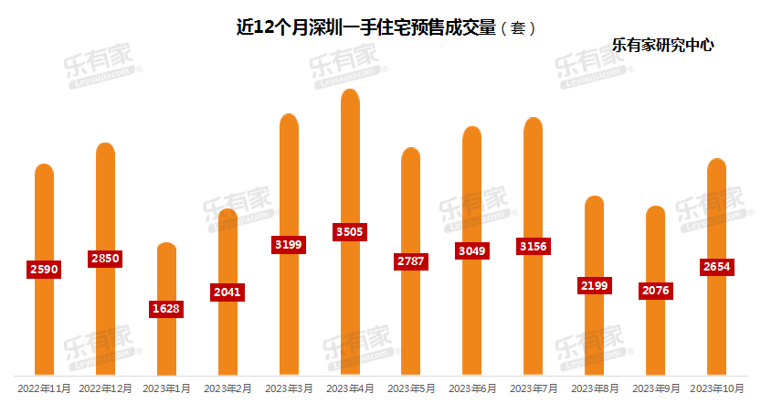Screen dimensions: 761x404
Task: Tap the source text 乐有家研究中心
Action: pyautogui.click(x=662, y=45)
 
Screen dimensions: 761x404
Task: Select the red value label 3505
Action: pyautogui.click(x=349, y=231)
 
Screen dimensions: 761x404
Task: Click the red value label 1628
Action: pyautogui.click(x=166, y=309)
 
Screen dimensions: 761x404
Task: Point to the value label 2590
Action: pyautogui.click(x=44, y=270)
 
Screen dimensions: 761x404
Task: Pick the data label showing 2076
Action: pyautogui.click(x=656, y=291)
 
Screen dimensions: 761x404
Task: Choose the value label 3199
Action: pyautogui.click(x=289, y=245)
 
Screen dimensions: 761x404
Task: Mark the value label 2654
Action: pyautogui.click(x=717, y=267)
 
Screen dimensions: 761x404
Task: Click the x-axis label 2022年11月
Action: pyautogui.click(x=44, y=388)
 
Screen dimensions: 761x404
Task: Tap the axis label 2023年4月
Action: pyautogui.click(x=350, y=388)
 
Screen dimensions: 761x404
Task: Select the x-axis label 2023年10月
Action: pyautogui.click(x=717, y=388)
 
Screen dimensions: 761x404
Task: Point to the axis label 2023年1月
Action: pyautogui.click(x=166, y=388)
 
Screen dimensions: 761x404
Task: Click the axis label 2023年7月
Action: pyautogui.click(x=534, y=388)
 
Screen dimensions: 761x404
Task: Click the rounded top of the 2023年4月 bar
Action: pyautogui.click(x=350, y=90)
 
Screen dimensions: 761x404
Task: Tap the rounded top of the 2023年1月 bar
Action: pyautogui.click(x=166, y=243)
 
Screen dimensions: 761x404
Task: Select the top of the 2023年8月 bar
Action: pyautogui.click(x=594, y=197)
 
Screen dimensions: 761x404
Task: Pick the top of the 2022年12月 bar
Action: pyautogui.click(x=105, y=144)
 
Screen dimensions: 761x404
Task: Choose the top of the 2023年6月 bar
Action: pyautogui.click(x=471, y=128)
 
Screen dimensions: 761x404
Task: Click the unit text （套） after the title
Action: pyautogui.click(x=518, y=28)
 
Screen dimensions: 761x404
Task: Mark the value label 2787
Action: pyautogui.click(x=410, y=261)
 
